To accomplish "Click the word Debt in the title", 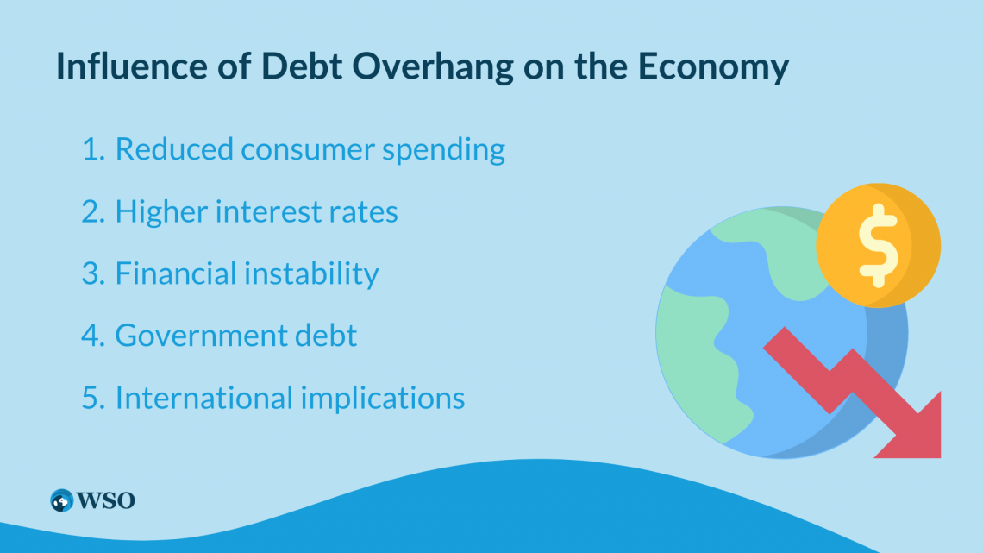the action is pos(302,66).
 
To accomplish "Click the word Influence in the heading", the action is pos(132,66).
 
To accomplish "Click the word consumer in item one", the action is pos(307,150).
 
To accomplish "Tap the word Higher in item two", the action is pos(161,212).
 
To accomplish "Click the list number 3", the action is pos(93,274).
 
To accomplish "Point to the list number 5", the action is pos(93,399).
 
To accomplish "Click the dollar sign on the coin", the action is pos(878,246).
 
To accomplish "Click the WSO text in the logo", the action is pos(105,501).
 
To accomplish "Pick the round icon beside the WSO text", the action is pos(62,500).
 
